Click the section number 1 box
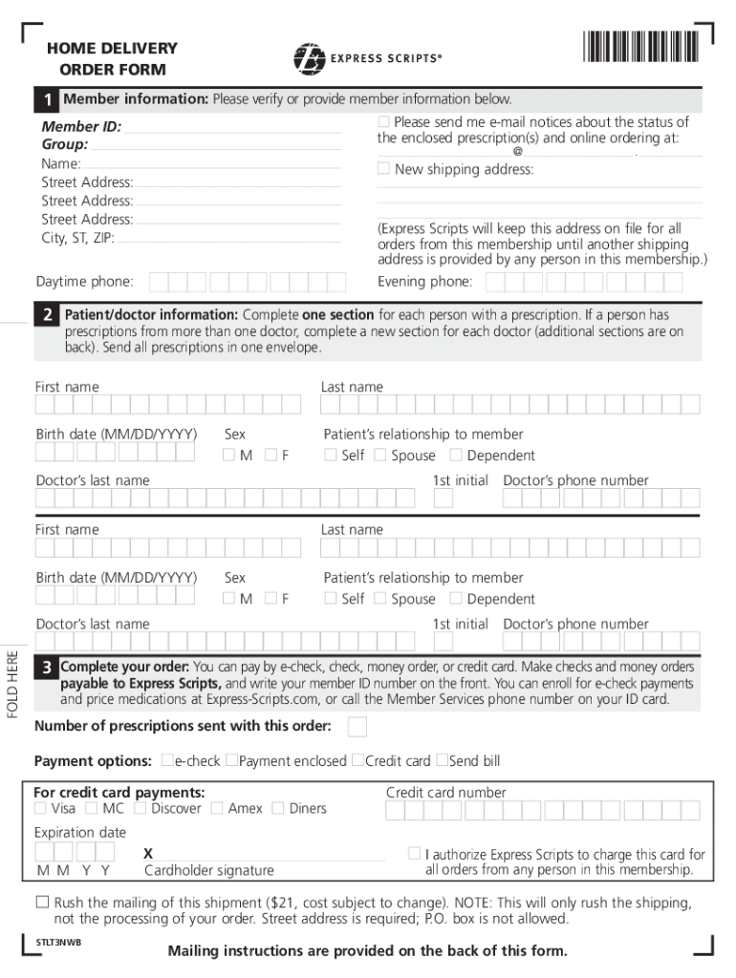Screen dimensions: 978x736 click(x=47, y=100)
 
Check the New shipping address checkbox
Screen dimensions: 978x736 click(x=383, y=169)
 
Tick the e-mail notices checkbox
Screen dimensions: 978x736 click(x=384, y=122)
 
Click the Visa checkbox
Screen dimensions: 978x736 click(x=40, y=808)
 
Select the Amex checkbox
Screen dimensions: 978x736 click(x=217, y=808)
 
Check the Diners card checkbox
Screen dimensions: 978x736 click(x=277, y=808)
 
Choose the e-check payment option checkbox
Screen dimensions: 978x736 click(x=167, y=760)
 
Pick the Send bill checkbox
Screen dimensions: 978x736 click(x=442, y=760)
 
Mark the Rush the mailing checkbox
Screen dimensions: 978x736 click(x=42, y=902)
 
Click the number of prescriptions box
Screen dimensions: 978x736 click(x=357, y=728)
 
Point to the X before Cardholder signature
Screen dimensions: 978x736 click(x=148, y=852)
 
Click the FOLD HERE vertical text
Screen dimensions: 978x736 click(x=11, y=679)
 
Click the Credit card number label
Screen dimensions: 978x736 click(x=445, y=792)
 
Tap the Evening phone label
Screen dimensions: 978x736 click(x=424, y=282)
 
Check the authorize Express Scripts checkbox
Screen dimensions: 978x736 click(x=414, y=852)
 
